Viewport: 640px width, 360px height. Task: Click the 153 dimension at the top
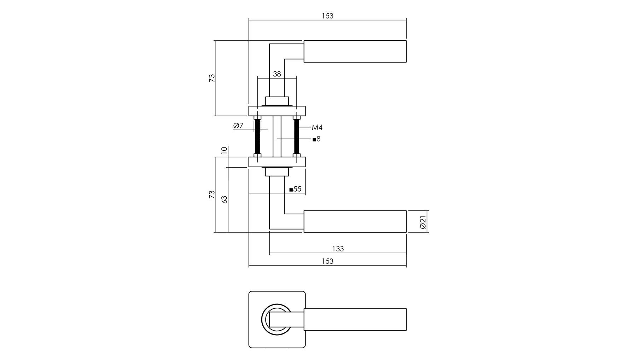(327, 16)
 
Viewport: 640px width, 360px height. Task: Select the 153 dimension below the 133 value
(327, 261)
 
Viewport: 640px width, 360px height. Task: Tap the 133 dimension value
(338, 249)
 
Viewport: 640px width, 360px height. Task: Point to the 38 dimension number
(277, 74)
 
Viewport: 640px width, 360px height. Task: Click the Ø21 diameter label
(423, 222)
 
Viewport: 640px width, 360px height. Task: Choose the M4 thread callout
(317, 127)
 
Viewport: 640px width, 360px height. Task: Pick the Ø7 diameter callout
(238, 126)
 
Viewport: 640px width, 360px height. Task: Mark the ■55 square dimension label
(295, 189)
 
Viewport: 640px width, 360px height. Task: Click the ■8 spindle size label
(316, 139)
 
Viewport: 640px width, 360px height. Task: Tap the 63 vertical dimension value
(224, 199)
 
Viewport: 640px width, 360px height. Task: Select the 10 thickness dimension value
(224, 150)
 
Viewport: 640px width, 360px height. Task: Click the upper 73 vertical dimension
(212, 78)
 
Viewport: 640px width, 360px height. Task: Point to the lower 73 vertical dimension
(212, 194)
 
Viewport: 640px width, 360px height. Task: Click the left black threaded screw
(257, 137)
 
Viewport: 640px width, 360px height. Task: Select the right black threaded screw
(296, 137)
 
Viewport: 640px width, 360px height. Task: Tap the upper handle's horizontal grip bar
(355, 51)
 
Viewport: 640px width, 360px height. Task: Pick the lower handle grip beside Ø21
(355, 222)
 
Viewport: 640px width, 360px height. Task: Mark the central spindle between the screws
(277, 137)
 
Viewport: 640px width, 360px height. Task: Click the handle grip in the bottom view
(355, 319)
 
